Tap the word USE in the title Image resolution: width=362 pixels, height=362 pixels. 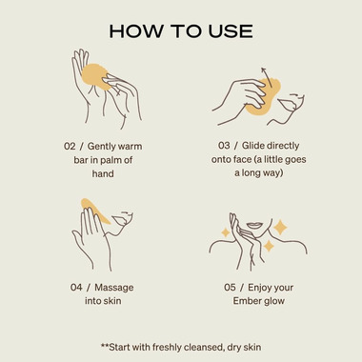(231, 31)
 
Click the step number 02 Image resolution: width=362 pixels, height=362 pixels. (70, 147)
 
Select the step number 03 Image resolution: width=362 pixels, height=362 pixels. (224, 146)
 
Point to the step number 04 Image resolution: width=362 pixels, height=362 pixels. (76, 288)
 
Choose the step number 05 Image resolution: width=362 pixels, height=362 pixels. (230, 288)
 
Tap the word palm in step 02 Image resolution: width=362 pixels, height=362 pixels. (111, 161)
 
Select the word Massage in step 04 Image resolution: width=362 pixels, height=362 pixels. (114, 288)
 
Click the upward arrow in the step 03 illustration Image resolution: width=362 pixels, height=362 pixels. (267, 77)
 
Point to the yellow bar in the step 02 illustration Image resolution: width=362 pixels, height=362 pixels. (95, 75)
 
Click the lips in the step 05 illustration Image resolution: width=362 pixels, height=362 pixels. (255, 224)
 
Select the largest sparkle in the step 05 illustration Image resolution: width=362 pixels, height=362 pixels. (280, 228)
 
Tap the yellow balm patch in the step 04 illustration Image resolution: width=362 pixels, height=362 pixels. (95, 211)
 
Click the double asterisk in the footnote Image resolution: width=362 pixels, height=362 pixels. (105, 345)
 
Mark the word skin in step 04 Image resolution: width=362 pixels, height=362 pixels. (112, 301)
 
